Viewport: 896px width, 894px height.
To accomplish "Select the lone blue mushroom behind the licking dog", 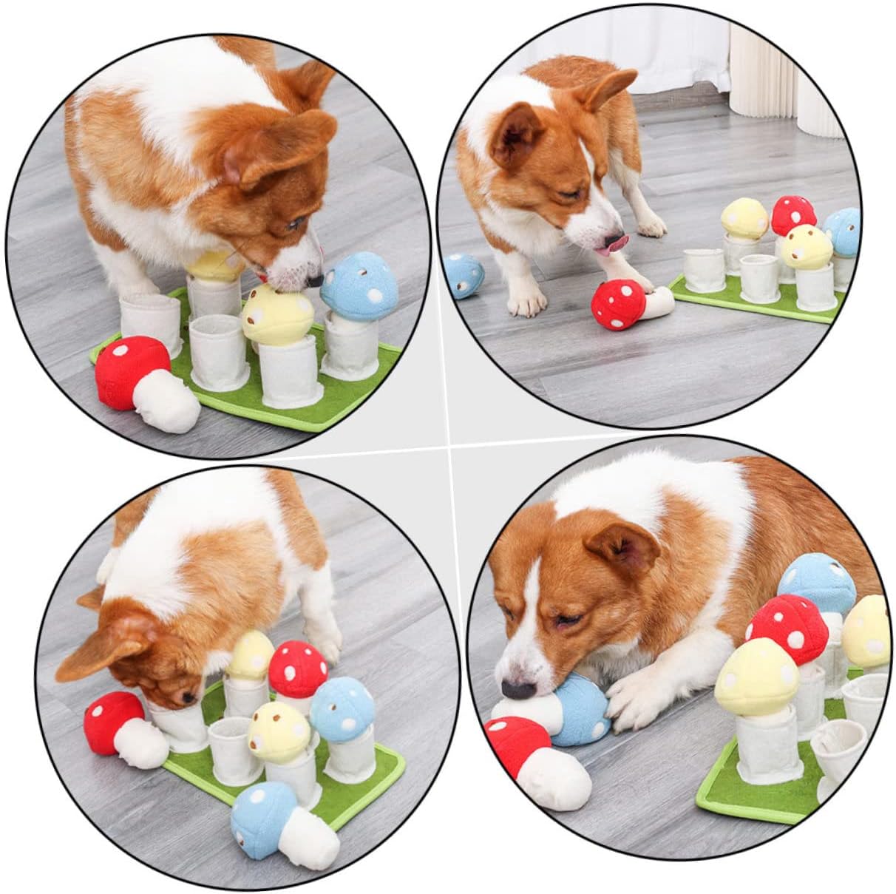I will (x=464, y=276).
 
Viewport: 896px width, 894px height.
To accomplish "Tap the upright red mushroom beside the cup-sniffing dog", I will (x=298, y=668).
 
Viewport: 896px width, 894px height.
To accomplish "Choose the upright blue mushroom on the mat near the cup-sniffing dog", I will (x=342, y=708).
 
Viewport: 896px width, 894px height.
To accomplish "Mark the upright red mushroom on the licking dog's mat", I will (x=793, y=214).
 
